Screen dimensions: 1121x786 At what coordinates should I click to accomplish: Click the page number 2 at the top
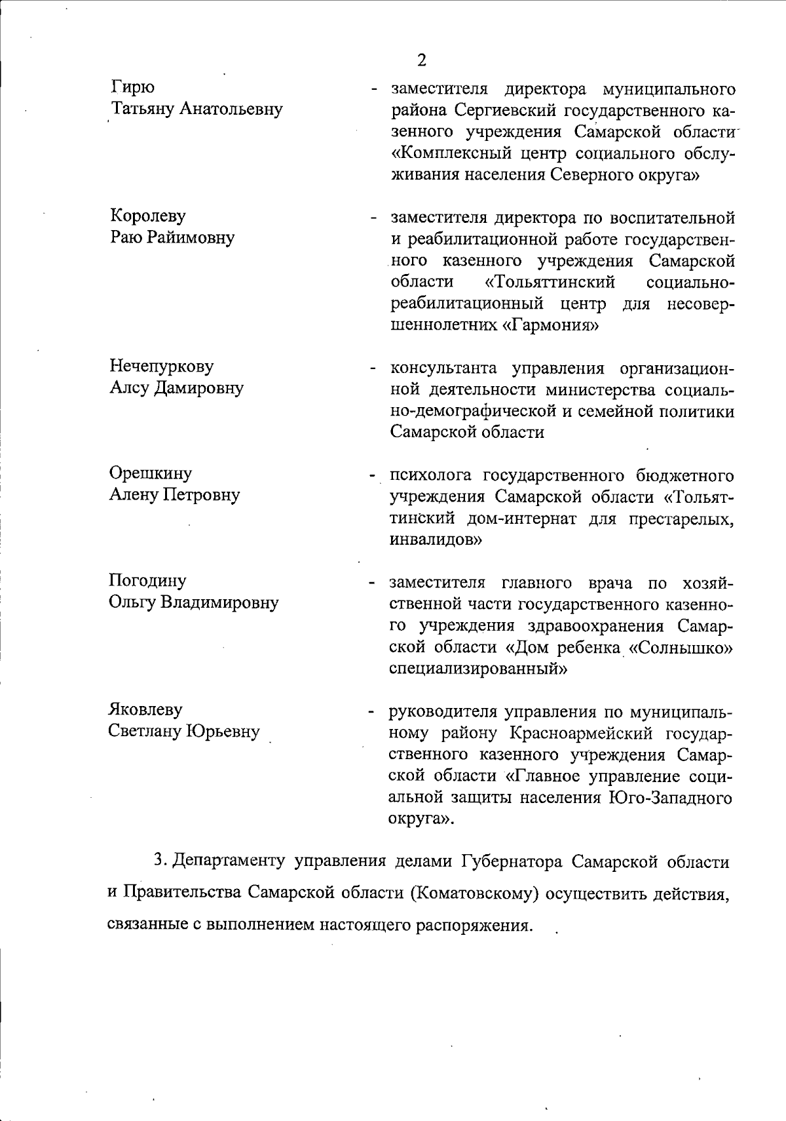point(421,60)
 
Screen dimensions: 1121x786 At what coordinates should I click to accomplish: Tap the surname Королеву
point(147,216)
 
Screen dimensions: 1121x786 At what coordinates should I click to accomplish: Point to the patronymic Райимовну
point(191,237)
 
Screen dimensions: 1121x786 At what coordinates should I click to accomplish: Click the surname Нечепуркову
point(161,366)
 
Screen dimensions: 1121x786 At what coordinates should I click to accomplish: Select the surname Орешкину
point(150,473)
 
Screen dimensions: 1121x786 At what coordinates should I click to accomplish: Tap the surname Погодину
point(147,581)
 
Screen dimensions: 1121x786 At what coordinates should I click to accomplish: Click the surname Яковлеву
point(145,709)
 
